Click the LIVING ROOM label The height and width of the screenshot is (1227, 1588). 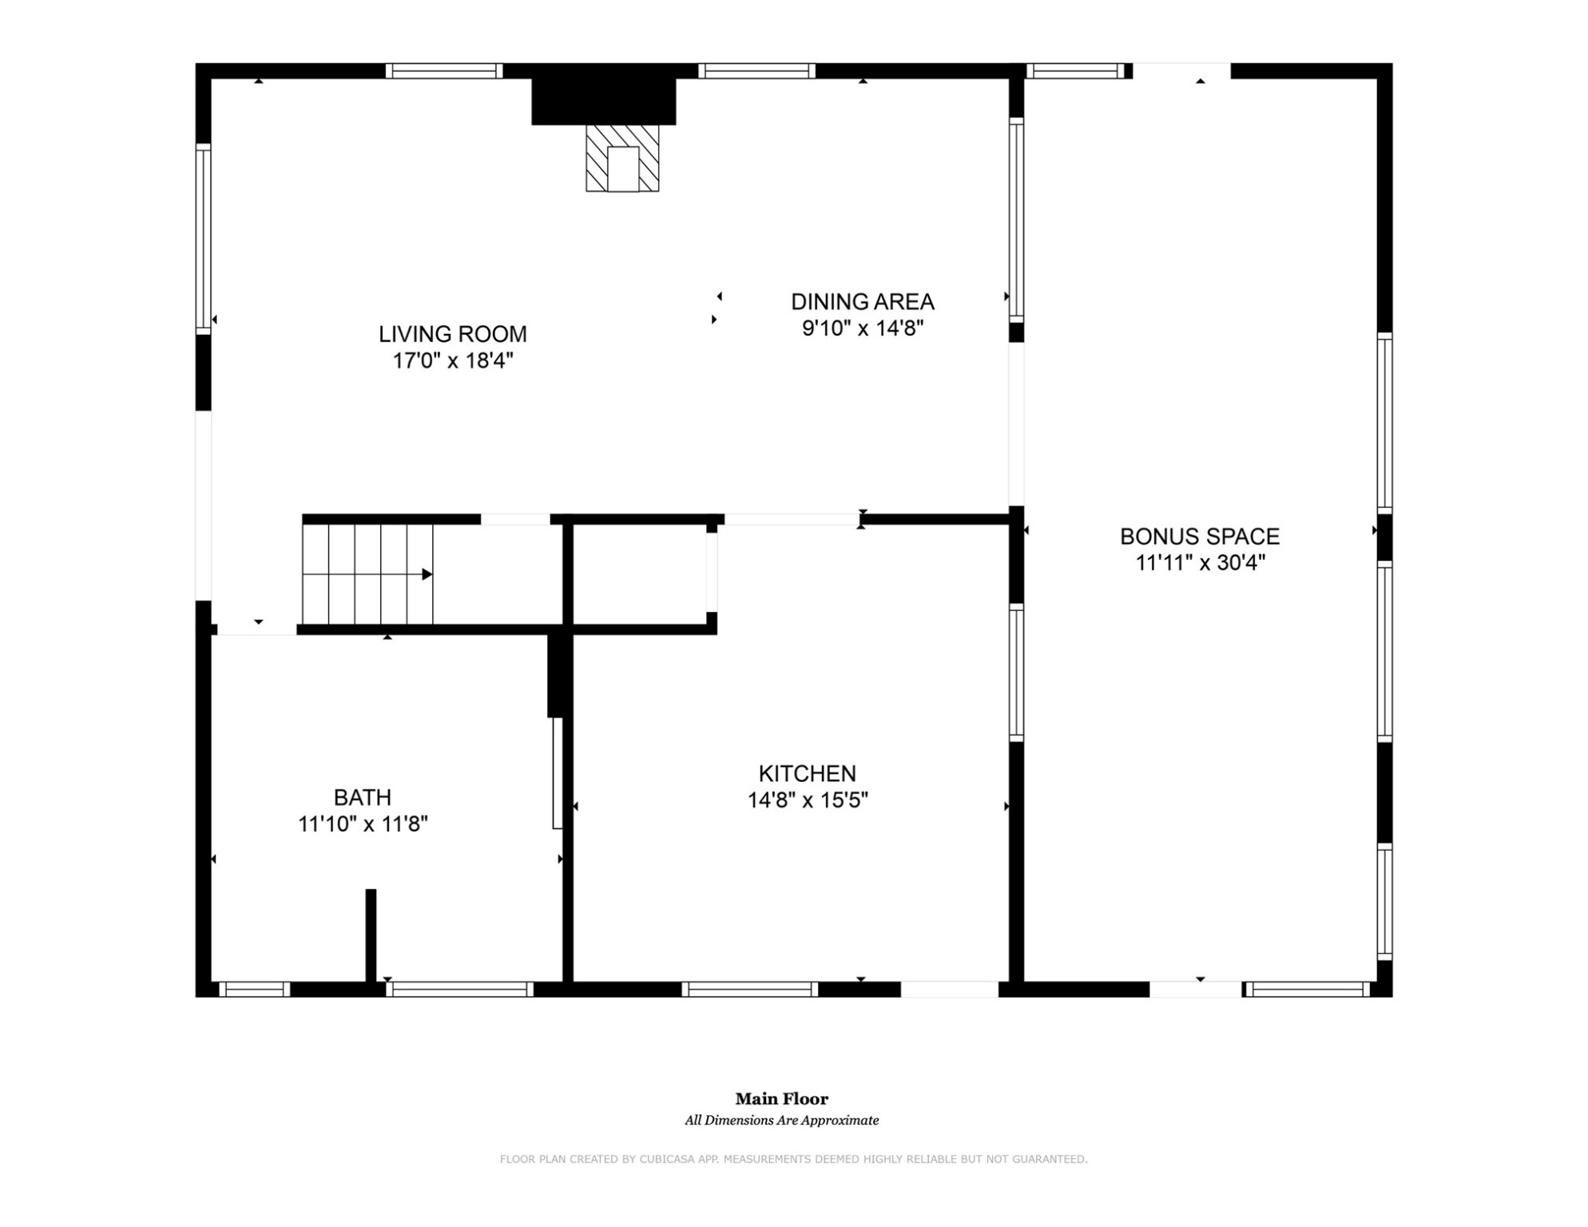tap(452, 334)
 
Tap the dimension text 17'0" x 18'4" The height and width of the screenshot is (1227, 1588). tap(452, 361)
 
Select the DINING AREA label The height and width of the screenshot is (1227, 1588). tap(862, 302)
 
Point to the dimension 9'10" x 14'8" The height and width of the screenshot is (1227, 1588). tap(862, 328)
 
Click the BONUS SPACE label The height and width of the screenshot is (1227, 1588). tap(1199, 537)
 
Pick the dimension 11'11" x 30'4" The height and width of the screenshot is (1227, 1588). tap(1199, 563)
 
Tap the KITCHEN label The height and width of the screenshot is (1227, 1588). tap(807, 773)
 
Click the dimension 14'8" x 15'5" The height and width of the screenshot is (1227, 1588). tap(807, 800)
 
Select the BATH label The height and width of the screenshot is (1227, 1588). tap(362, 797)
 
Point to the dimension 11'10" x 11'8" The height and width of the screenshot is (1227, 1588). tap(363, 824)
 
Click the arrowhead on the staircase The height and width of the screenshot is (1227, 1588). tap(427, 574)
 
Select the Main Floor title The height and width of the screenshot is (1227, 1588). tap(781, 1099)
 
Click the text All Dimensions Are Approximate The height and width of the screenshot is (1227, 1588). tap(781, 1121)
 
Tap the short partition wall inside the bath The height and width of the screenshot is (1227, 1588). tap(371, 935)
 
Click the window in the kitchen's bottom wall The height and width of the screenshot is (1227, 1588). tap(749, 989)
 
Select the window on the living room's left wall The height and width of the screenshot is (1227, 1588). tap(204, 238)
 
